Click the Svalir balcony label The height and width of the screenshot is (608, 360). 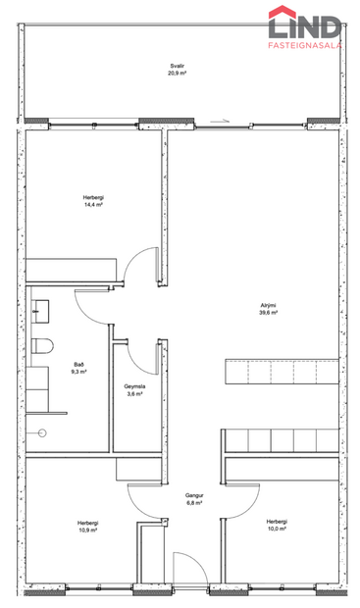tap(177, 67)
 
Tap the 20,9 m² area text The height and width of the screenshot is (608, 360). tap(177, 75)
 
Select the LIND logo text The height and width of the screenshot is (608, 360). tap(307, 24)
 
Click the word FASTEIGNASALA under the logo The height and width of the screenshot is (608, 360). tap(307, 45)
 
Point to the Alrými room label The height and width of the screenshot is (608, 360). tap(267, 306)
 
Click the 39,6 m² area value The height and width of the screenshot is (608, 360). tap(267, 314)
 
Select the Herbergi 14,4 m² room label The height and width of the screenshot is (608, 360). tap(93, 198)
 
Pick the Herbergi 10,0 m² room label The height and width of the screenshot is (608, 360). tap(277, 522)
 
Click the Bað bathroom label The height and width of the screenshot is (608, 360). tap(78, 365)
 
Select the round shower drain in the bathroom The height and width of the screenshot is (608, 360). tap(42, 432)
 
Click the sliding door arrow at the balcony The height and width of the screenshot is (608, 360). tap(227, 122)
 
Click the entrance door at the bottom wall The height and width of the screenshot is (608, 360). tap(187, 574)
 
